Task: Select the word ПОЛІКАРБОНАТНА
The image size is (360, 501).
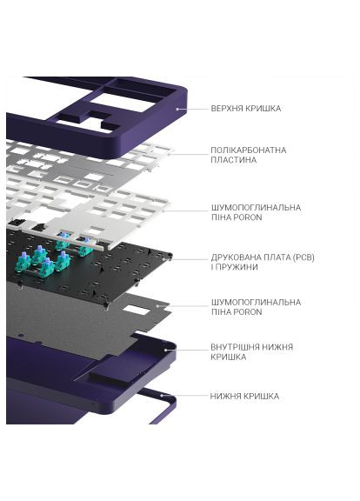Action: pyautogui.click(x=247, y=150)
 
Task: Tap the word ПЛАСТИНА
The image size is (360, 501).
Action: pyautogui.click(x=233, y=160)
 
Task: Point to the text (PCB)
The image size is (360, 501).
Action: pyautogui.click(x=303, y=257)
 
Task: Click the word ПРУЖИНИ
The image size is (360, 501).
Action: pyautogui.click(x=238, y=268)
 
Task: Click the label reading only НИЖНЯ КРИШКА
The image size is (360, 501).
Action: pyautogui.click(x=244, y=396)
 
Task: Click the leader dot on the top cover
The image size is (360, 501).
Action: pyautogui.click(x=177, y=110)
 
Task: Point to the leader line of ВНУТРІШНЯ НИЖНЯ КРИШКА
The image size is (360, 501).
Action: pyautogui.click(x=187, y=351)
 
